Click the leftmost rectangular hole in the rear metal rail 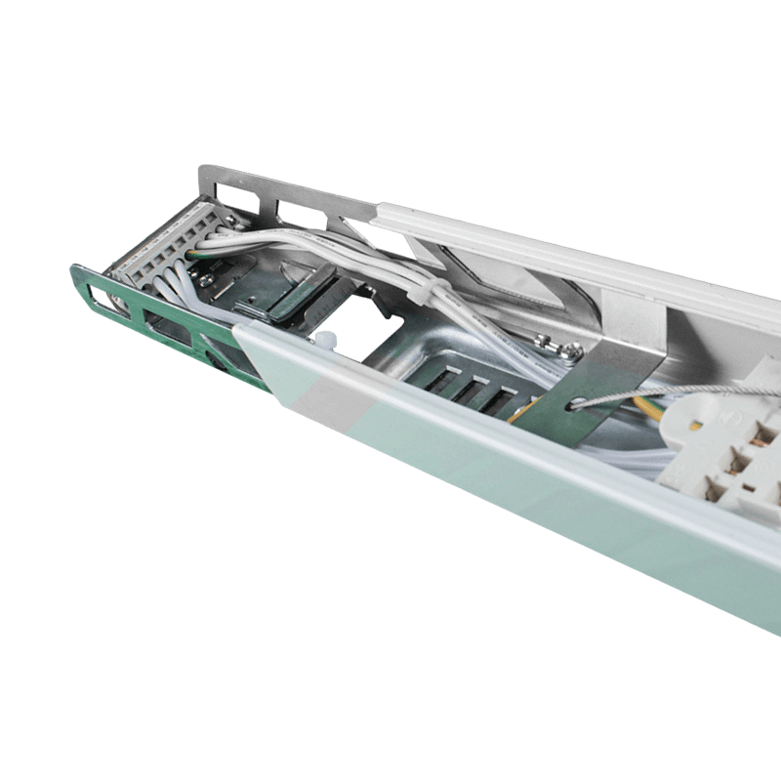(226, 187)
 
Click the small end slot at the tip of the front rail (100, 297)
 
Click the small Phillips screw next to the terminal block (208, 277)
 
